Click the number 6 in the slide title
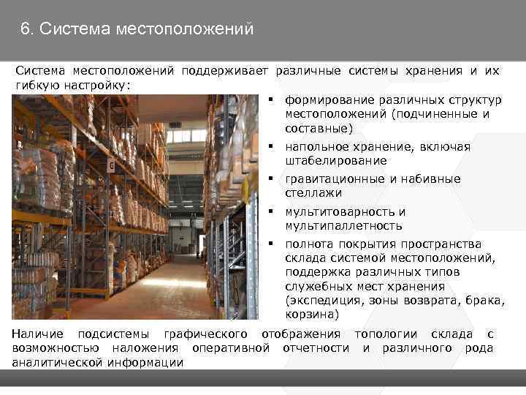26,30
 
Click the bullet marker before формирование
270,99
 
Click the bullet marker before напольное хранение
270,146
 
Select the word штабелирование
336,160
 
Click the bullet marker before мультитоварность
270,211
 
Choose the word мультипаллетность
344,225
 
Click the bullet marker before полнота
270,244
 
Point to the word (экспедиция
327,301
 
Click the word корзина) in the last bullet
313,315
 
